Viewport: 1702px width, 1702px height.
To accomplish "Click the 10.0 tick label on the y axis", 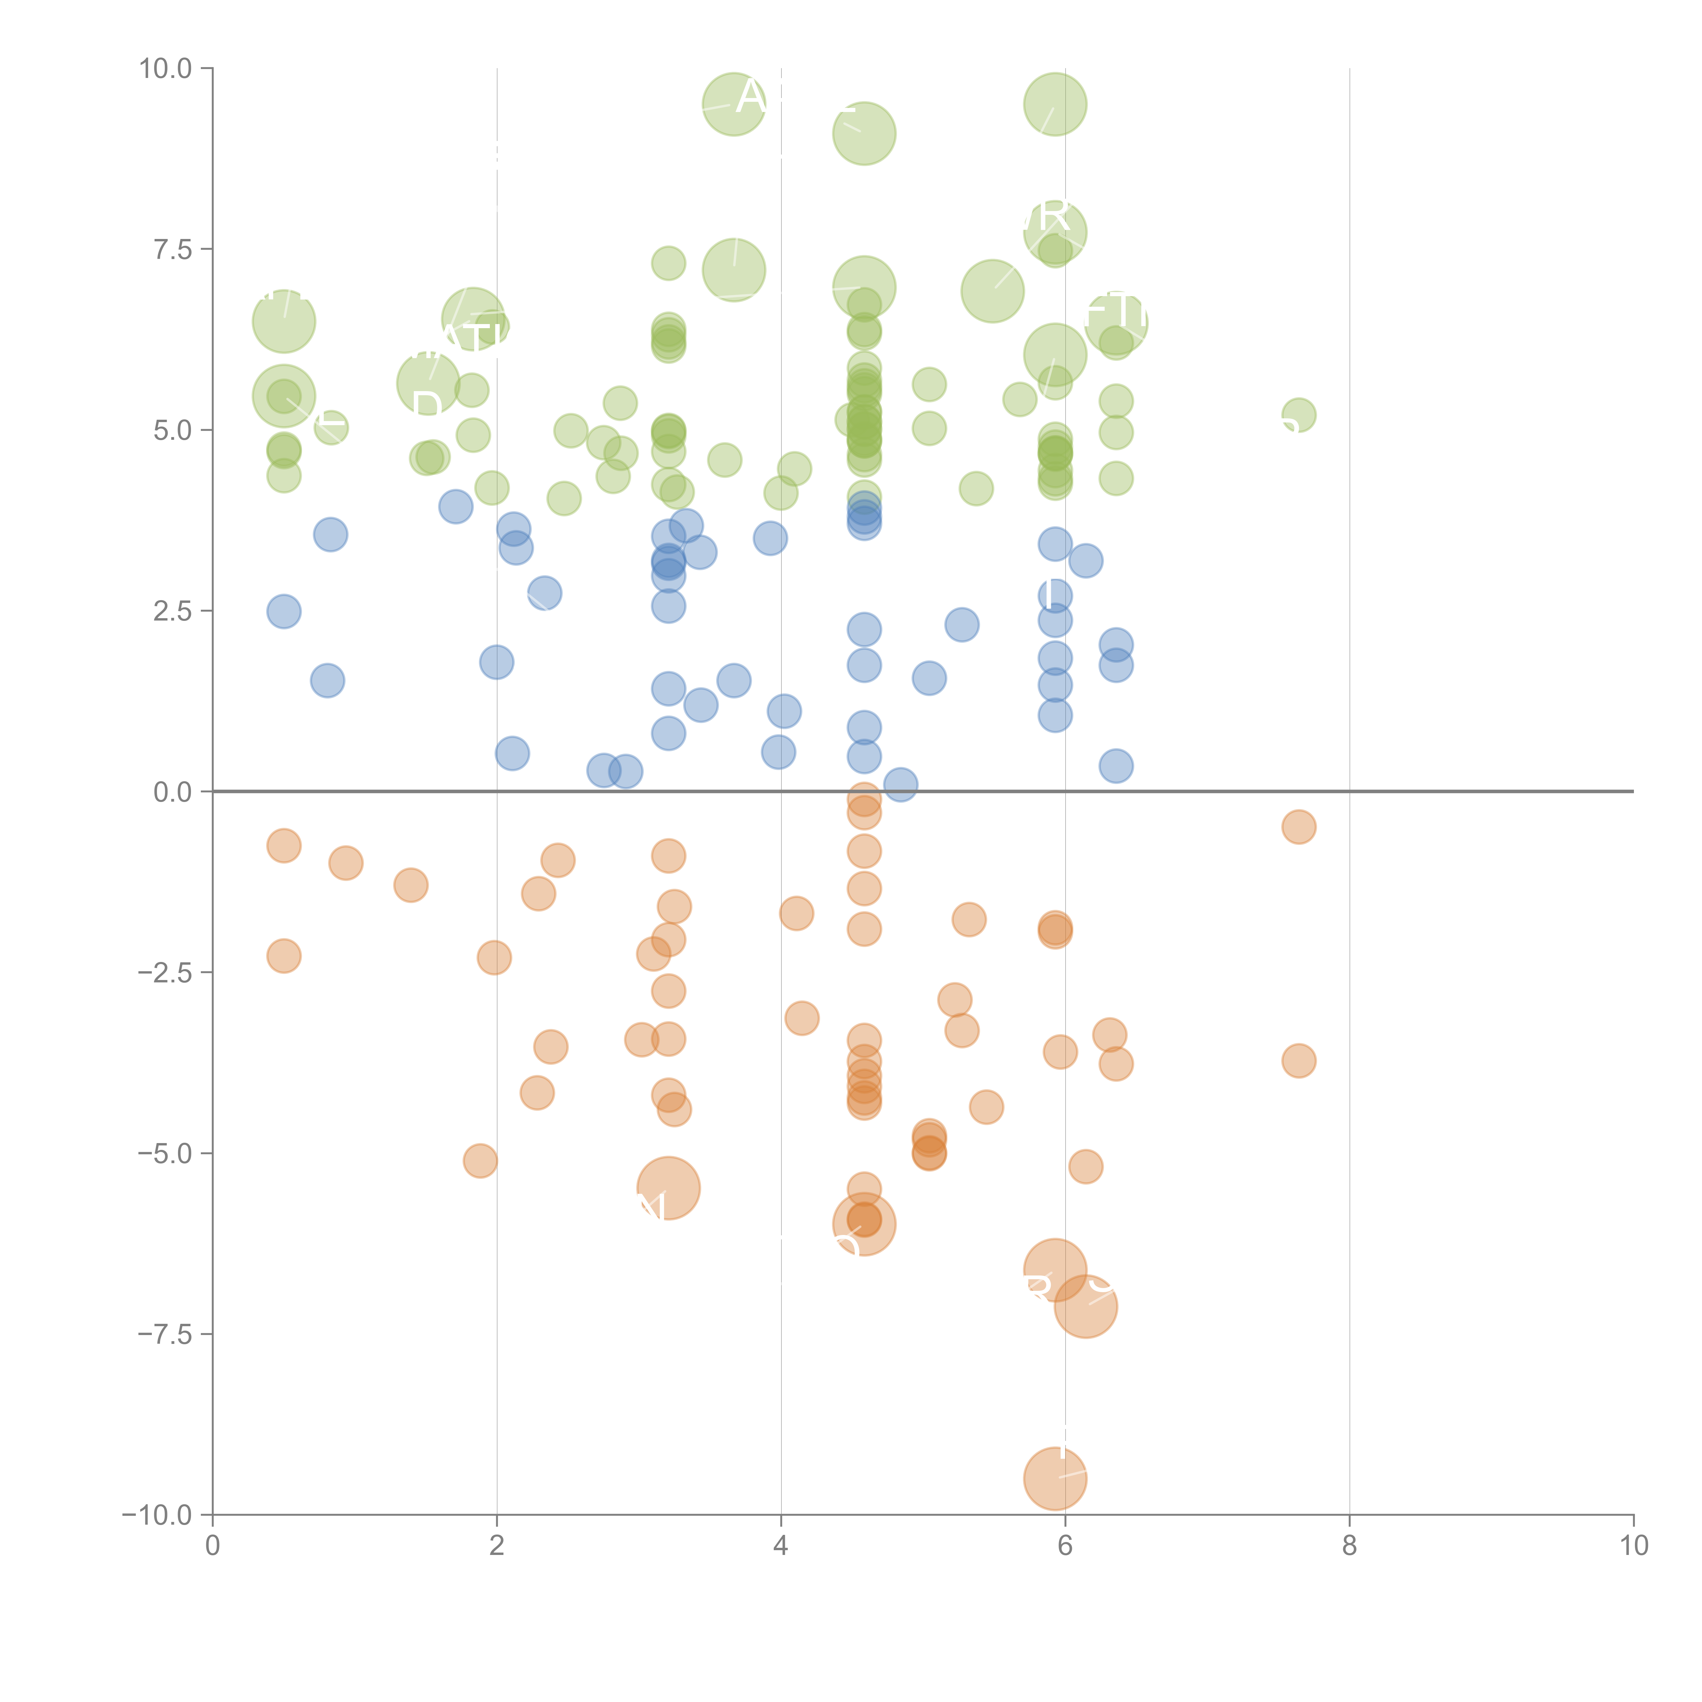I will [x=166, y=69].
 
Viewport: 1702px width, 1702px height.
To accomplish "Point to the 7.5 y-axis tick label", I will [x=173, y=249].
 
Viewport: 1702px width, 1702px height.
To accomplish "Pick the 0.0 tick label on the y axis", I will [x=173, y=792].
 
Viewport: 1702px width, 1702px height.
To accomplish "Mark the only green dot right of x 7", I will [x=1299, y=415].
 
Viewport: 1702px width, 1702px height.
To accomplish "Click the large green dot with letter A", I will [x=734, y=104].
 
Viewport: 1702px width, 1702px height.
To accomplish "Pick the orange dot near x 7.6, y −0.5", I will [x=1299, y=826].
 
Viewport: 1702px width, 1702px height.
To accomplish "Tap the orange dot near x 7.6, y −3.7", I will [x=1299, y=1061].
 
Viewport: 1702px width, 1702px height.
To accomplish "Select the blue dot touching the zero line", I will [x=899, y=784].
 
